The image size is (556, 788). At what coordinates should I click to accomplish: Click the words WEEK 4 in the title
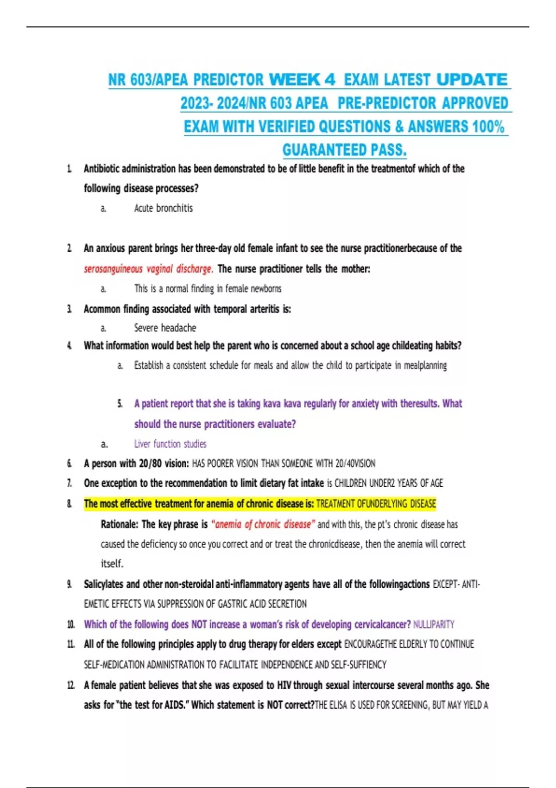302,80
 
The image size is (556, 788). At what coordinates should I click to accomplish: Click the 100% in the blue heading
488,127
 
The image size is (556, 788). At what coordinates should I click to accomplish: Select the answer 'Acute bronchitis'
163,208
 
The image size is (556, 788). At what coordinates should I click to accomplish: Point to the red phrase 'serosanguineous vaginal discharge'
148,269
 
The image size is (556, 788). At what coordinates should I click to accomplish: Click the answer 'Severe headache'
165,328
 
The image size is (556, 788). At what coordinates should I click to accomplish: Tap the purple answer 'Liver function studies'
170,444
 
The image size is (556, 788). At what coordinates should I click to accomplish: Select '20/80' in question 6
149,464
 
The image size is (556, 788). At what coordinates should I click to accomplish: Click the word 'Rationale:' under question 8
119,524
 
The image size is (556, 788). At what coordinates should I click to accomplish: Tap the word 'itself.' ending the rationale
112,564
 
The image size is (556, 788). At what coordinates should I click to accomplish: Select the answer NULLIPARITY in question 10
434,624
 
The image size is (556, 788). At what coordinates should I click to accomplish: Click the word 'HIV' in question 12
284,685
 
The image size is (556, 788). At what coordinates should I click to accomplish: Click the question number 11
70,644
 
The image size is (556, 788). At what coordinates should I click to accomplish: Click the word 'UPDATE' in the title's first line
472,80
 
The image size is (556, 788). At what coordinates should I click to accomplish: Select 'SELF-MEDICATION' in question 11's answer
114,665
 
